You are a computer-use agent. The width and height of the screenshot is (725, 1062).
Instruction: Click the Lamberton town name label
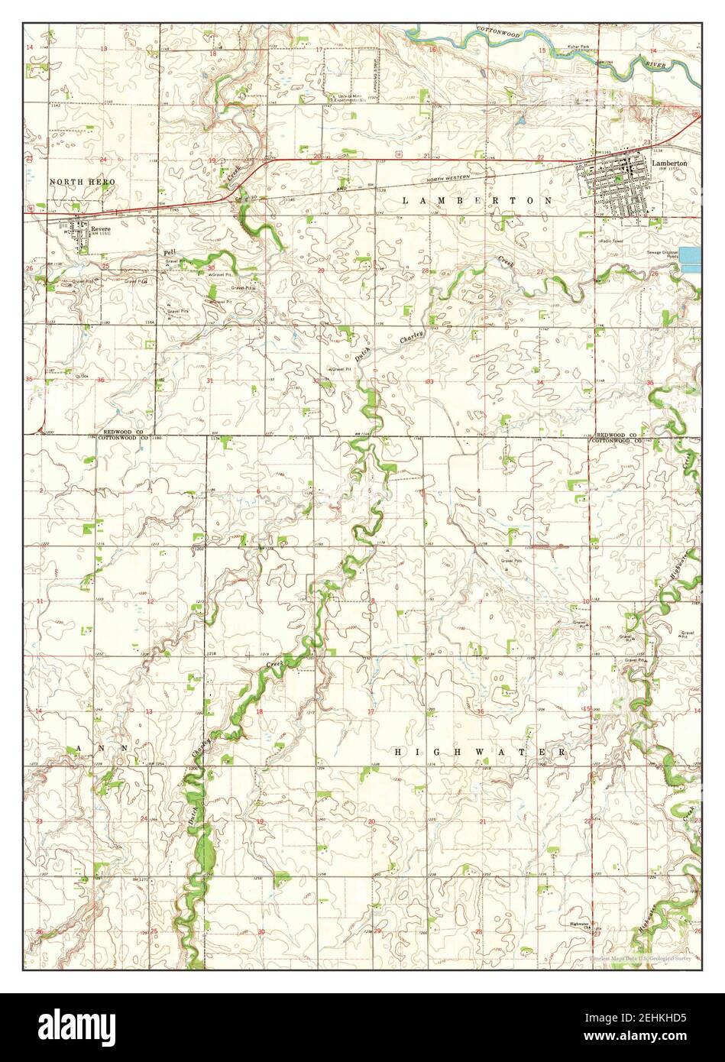tap(669, 164)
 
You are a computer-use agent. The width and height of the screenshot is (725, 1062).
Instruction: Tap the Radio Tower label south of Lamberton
tap(613, 241)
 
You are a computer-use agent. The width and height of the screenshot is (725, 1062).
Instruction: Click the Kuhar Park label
tap(578, 48)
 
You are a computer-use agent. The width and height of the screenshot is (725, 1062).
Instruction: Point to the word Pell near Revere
tap(169, 251)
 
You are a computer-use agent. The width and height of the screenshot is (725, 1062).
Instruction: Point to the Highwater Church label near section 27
tap(581, 924)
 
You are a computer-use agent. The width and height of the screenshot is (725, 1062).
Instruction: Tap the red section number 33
tap(429, 381)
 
